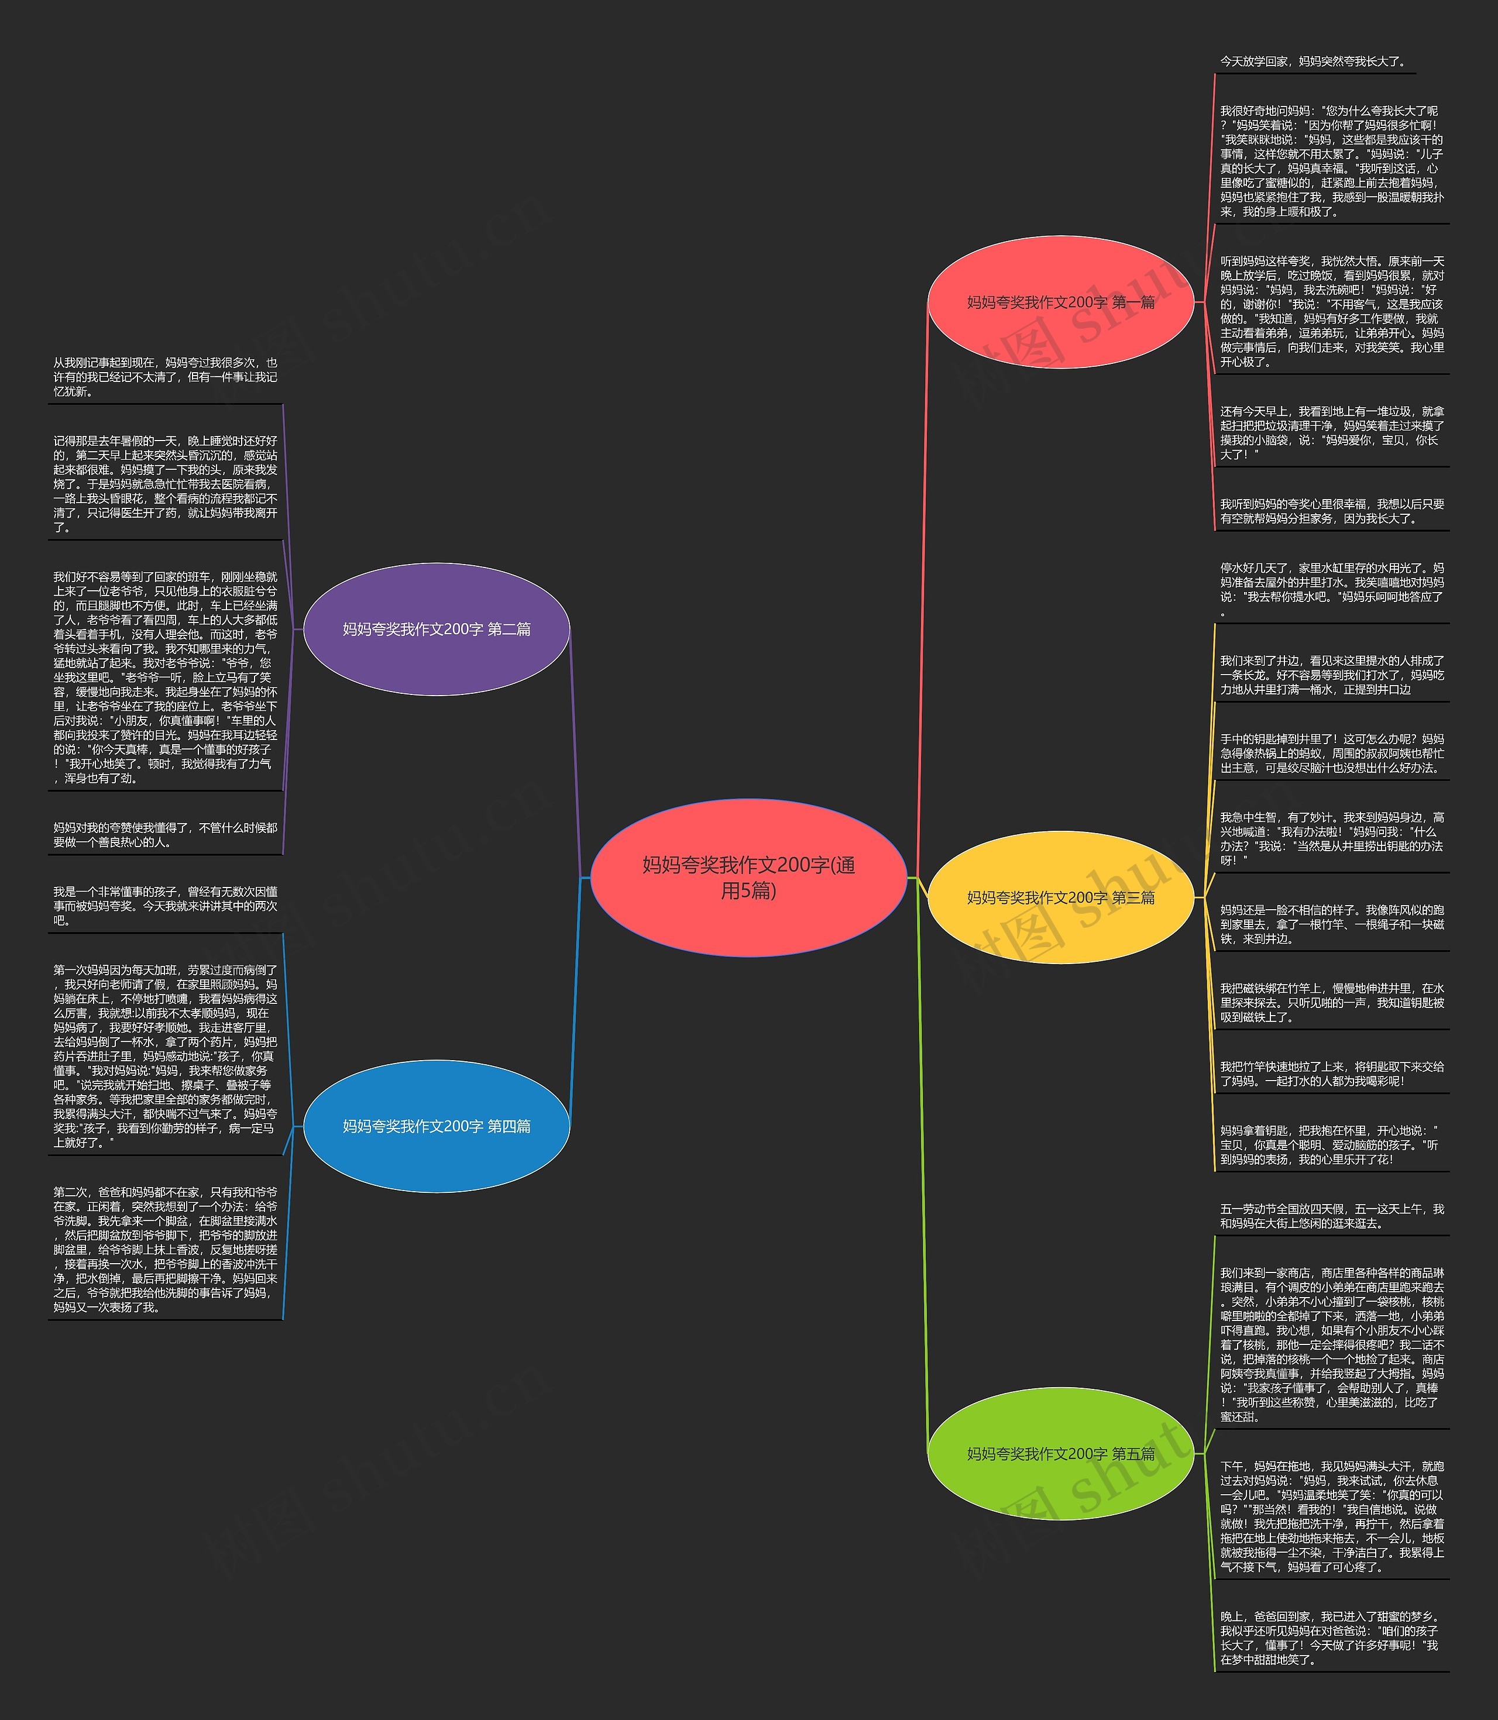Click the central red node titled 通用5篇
coord(748,878)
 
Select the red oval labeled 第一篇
coord(1060,302)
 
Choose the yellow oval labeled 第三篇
coord(1060,897)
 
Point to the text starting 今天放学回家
coord(1313,62)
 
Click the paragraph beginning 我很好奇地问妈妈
coord(1331,161)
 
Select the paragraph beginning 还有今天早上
coord(1331,433)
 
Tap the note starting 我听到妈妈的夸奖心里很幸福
coord(1331,511)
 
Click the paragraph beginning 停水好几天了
coord(1331,589)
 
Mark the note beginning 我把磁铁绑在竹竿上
coord(1331,1003)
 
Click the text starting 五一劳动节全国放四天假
coord(1331,1216)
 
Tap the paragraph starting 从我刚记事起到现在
coord(166,377)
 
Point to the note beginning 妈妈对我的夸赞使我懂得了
coord(166,835)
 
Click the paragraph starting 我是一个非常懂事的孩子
coord(166,906)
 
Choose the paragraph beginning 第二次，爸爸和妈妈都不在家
coord(166,1250)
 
